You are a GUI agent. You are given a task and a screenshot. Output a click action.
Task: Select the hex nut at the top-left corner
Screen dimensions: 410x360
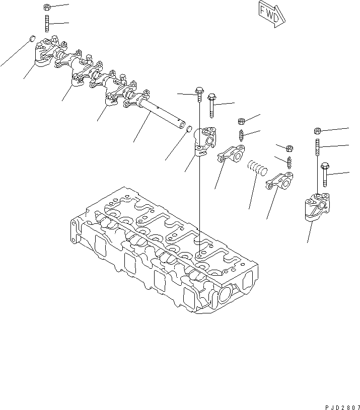point(46,7)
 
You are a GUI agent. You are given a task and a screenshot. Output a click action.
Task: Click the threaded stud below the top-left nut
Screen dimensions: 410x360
point(46,23)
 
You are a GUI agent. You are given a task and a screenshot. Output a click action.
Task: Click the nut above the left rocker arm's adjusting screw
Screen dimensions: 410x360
point(241,121)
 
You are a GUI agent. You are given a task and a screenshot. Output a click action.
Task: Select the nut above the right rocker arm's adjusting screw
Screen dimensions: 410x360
point(290,148)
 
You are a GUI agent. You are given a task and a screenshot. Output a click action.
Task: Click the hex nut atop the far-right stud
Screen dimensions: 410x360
point(317,130)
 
